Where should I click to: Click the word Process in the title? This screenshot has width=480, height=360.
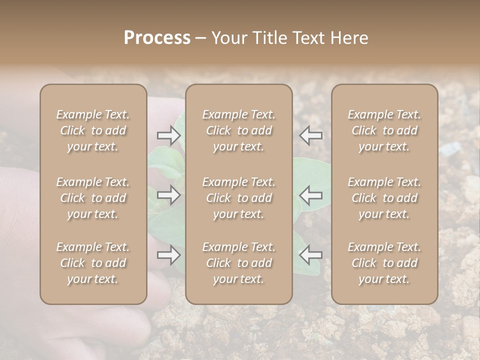(157, 38)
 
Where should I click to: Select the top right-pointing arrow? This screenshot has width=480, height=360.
(169, 135)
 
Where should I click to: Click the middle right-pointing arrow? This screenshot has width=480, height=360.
(169, 195)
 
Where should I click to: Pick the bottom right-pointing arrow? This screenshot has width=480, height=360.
(169, 255)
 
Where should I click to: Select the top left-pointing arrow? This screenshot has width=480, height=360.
(311, 135)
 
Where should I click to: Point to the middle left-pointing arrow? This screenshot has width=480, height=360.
(311, 195)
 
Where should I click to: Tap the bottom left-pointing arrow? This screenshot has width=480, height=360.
(311, 255)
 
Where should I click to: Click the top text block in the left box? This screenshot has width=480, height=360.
(93, 130)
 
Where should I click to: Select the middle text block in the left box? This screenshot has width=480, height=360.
(93, 198)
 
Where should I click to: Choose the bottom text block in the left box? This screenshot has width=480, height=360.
(93, 263)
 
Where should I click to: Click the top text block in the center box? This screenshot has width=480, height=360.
(238, 130)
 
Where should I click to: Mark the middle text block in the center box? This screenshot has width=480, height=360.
(238, 198)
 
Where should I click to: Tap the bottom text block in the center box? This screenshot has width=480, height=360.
(238, 263)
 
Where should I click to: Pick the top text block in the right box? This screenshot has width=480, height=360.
(384, 130)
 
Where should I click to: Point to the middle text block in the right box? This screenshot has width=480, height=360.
(384, 198)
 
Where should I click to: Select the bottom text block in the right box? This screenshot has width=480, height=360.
(384, 263)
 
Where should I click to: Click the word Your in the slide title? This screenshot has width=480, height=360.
(228, 38)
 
